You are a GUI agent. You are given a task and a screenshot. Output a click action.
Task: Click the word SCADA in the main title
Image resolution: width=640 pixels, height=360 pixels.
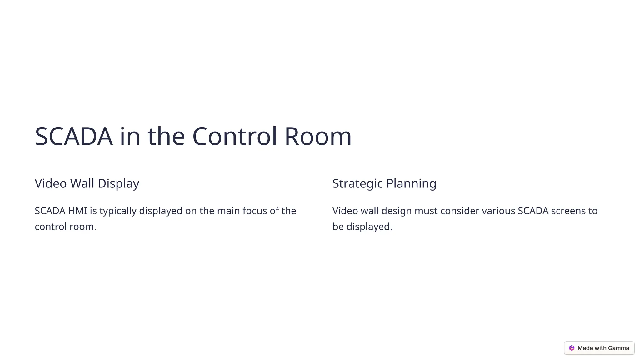[x=73, y=137]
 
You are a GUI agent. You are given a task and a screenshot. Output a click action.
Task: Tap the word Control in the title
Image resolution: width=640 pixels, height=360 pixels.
[x=234, y=137]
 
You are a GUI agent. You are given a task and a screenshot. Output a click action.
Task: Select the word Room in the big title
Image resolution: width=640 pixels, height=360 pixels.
[x=318, y=137]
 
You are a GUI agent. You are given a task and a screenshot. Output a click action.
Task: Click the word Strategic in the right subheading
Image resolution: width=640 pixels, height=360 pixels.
[x=357, y=183]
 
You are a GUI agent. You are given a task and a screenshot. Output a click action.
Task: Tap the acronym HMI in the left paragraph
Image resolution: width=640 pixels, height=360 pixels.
[x=77, y=211]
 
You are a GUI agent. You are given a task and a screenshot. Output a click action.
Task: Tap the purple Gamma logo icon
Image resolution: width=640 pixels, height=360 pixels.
[x=572, y=348]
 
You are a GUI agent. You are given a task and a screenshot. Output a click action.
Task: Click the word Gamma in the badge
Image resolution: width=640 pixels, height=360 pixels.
[x=618, y=348]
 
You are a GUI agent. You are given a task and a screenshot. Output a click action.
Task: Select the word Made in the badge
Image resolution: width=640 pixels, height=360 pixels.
[x=585, y=348]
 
